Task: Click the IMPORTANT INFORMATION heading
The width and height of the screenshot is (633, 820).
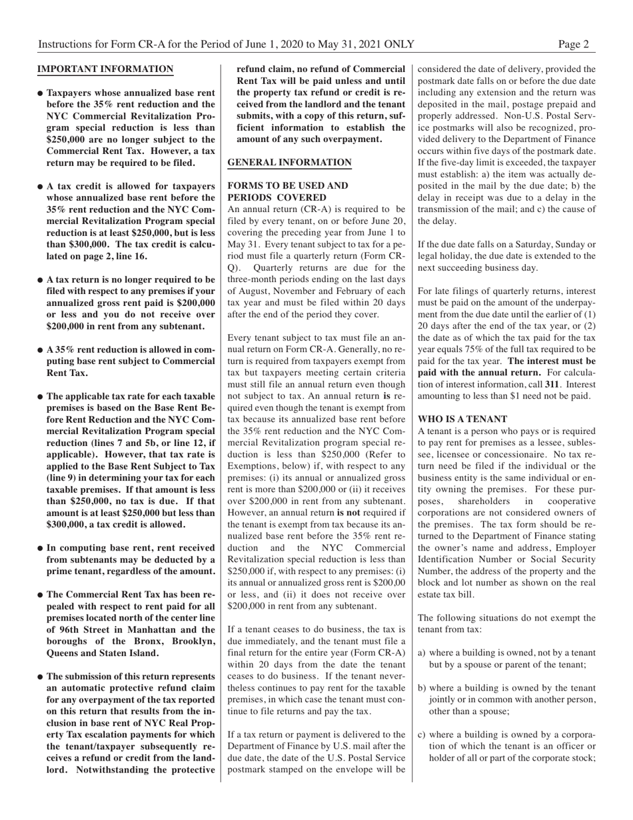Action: coord(105,69)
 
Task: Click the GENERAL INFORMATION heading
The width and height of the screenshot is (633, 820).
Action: coord(289,162)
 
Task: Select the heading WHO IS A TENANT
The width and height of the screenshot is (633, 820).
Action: coord(462,419)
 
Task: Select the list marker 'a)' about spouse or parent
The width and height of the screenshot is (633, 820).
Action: coord(422,653)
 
